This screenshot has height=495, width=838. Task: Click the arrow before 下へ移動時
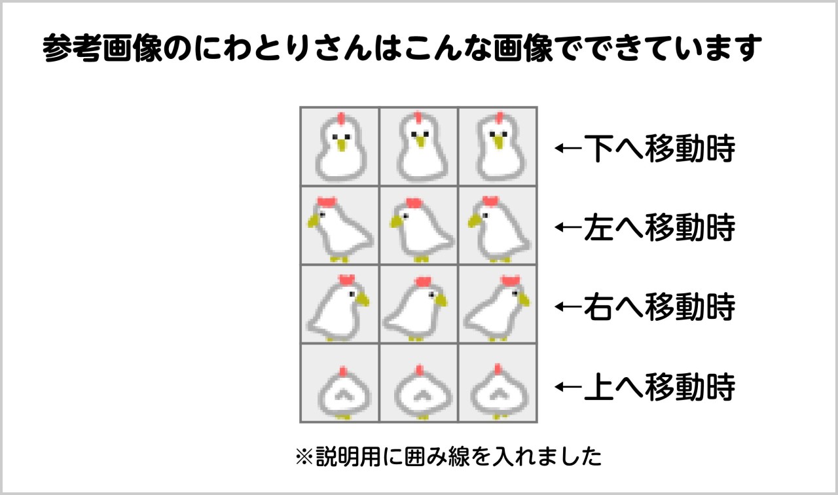(x=568, y=149)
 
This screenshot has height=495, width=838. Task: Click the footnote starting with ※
(x=448, y=456)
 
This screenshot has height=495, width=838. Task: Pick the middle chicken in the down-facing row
(x=418, y=148)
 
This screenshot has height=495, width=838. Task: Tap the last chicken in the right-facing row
(x=498, y=306)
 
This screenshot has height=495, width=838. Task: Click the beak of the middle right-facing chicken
(x=441, y=301)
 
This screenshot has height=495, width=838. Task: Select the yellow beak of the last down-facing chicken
(x=499, y=143)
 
